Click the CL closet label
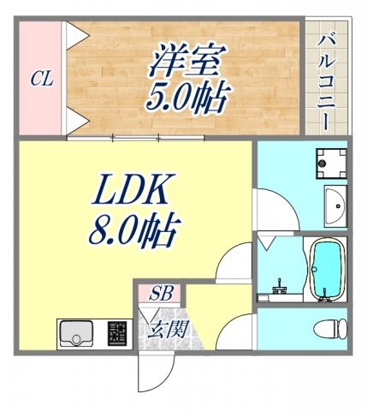[x=42, y=80]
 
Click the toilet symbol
[x=329, y=328]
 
